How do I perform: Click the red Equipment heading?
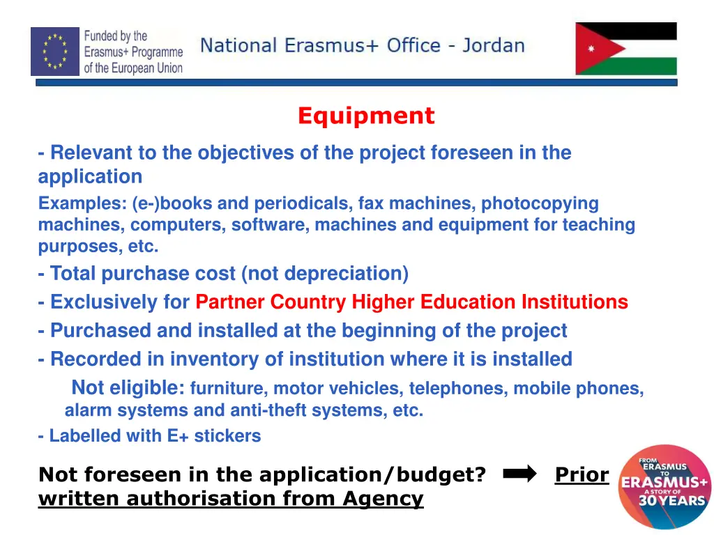(365, 116)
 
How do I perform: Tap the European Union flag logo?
(55, 51)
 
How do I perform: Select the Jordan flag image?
(625, 49)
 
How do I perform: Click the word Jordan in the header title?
(494, 46)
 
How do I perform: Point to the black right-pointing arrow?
(519, 474)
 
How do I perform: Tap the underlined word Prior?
(582, 474)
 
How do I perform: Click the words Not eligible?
(128, 387)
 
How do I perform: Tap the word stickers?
(227, 436)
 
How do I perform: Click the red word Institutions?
(575, 302)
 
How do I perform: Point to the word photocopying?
(540, 203)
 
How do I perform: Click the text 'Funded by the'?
(116, 36)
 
